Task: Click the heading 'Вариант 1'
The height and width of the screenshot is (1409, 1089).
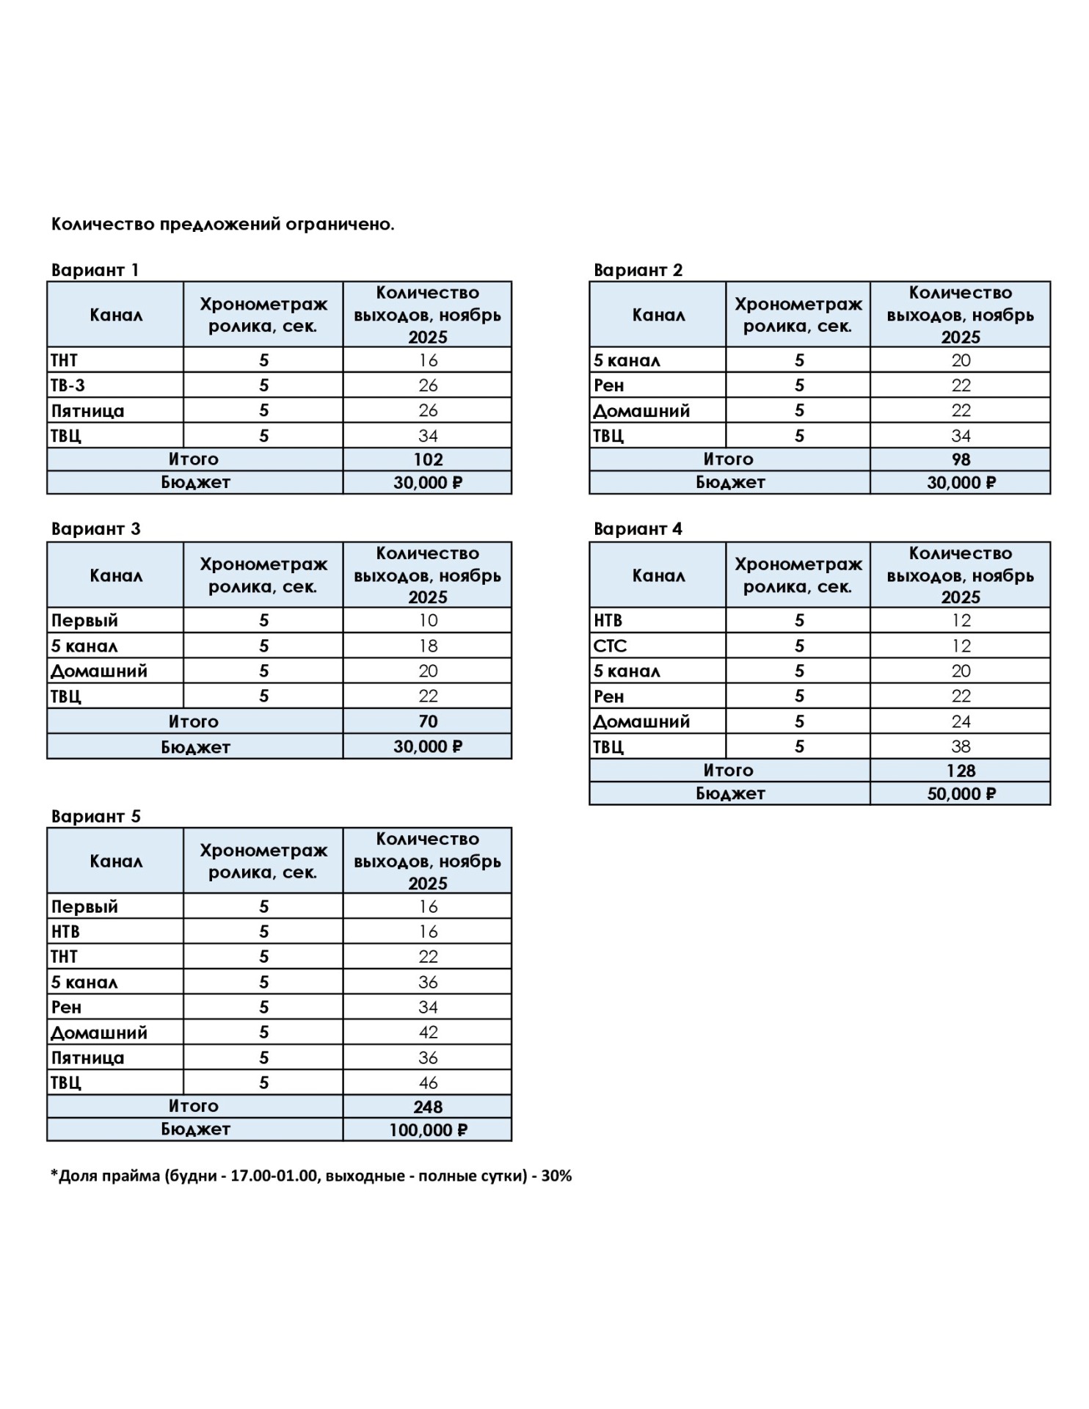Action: (x=95, y=270)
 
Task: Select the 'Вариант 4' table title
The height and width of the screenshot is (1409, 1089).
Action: (x=638, y=529)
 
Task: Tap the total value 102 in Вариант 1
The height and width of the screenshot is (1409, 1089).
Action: (x=428, y=460)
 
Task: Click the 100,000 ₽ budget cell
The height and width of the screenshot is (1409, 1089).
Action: (x=428, y=1130)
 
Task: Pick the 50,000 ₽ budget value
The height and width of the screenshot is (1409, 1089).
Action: (x=961, y=794)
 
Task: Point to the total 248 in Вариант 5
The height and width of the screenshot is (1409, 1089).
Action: (x=428, y=1107)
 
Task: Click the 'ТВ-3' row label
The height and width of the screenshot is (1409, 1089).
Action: (x=68, y=385)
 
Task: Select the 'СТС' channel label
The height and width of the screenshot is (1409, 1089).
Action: (x=610, y=646)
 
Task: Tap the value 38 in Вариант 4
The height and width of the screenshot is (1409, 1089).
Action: (x=961, y=746)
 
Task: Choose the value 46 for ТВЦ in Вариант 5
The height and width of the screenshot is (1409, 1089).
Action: (x=428, y=1082)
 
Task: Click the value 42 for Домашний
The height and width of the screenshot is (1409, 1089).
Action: (x=428, y=1033)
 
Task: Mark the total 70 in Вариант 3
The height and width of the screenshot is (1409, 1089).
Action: (x=428, y=721)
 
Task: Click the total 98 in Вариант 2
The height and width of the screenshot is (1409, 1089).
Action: (x=961, y=460)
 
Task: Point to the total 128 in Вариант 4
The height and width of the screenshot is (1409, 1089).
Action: (x=961, y=771)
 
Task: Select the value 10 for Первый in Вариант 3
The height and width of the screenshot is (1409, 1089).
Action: (x=428, y=621)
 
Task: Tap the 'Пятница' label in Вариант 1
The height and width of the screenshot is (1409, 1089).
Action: (x=87, y=411)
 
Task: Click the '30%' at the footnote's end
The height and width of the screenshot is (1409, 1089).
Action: (x=556, y=1176)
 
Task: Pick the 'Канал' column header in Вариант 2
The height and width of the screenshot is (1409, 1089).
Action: (x=658, y=315)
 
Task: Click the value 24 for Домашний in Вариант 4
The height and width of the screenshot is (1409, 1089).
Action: (x=961, y=721)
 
